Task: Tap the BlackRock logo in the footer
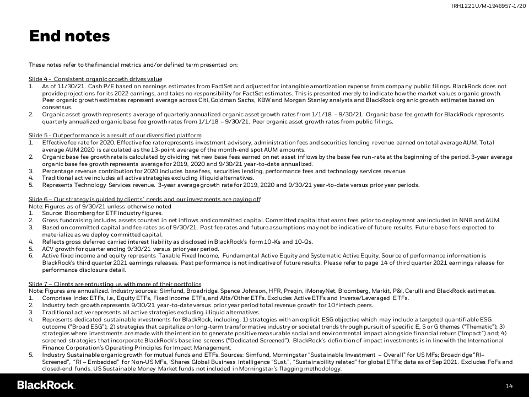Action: click(x=46, y=385)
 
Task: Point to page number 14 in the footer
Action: click(x=509, y=385)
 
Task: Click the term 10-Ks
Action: click(x=287, y=241)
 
